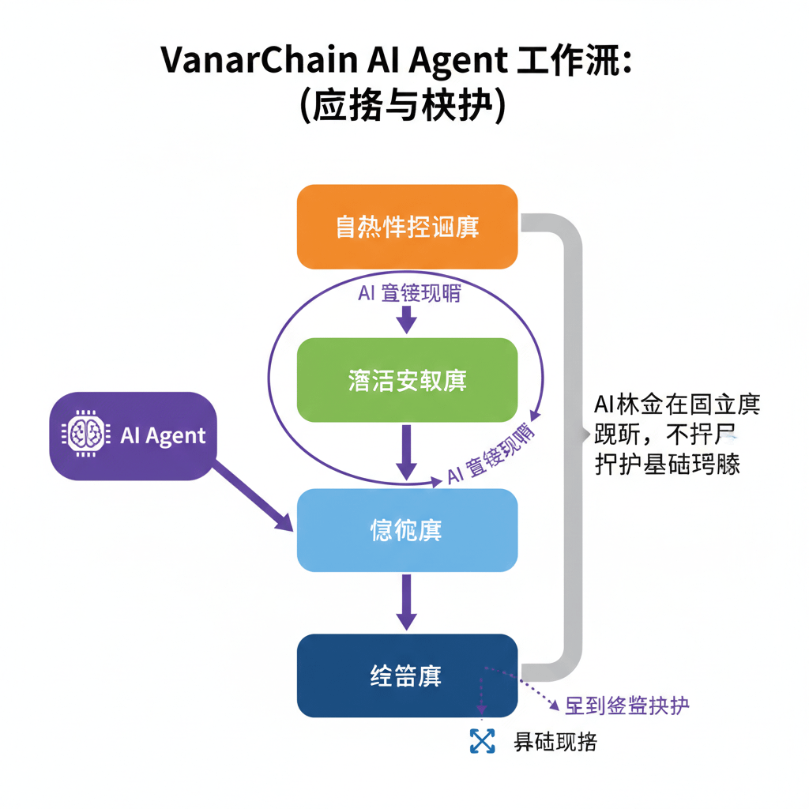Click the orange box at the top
(407, 227)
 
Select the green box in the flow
(407, 380)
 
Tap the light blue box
(407, 530)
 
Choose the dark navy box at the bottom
(407, 676)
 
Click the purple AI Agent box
(133, 435)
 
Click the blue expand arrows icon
(482, 741)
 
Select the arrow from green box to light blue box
(406, 451)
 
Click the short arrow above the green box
(406, 318)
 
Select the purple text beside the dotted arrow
(627, 705)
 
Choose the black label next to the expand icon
(555, 742)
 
